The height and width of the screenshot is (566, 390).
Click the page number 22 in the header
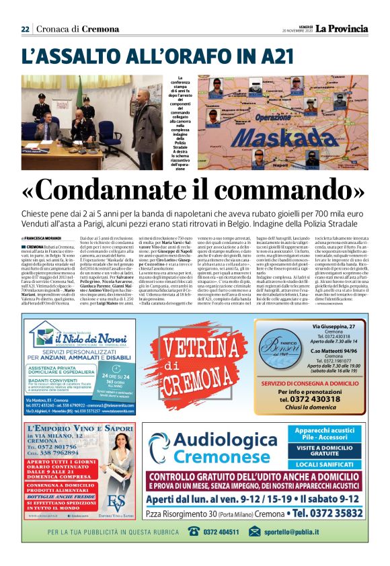25,28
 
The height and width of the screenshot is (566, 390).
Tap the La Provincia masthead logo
343,28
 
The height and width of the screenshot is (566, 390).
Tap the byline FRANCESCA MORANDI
45,238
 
